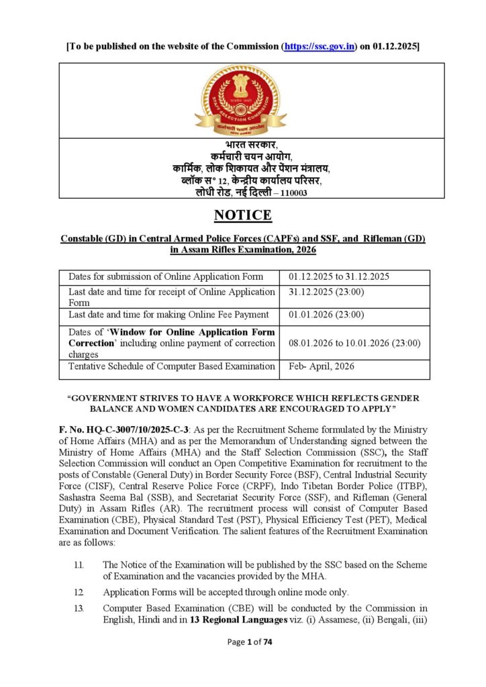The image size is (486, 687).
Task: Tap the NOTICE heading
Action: [x=242, y=215]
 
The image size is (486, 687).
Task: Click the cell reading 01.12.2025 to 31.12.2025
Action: [x=339, y=276]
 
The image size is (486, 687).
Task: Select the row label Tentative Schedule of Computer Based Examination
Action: [x=172, y=366]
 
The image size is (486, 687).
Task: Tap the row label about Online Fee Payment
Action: [x=168, y=314]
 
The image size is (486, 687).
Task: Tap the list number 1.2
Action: [x=79, y=591]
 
